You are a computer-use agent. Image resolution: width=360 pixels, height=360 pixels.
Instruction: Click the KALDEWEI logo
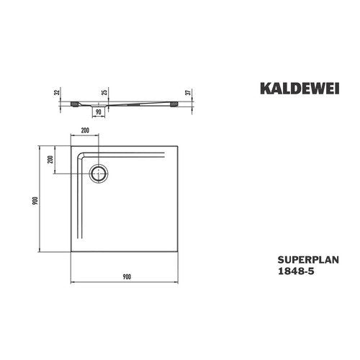(300, 89)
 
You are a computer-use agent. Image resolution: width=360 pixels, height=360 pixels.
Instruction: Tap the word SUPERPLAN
(308, 260)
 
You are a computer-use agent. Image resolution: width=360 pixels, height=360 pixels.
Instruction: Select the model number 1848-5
(296, 271)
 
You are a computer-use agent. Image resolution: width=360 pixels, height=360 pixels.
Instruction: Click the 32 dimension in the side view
(57, 92)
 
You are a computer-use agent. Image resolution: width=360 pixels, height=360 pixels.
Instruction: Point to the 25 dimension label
(104, 92)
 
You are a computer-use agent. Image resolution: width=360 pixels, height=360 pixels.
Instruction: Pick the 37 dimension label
(189, 92)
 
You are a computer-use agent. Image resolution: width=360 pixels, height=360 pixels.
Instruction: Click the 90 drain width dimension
(98, 112)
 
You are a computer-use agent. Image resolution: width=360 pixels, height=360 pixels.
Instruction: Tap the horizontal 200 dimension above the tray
(85, 130)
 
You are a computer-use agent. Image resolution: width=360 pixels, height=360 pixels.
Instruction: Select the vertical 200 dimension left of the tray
(50, 159)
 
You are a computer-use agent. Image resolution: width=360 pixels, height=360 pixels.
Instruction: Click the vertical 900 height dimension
(35, 201)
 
